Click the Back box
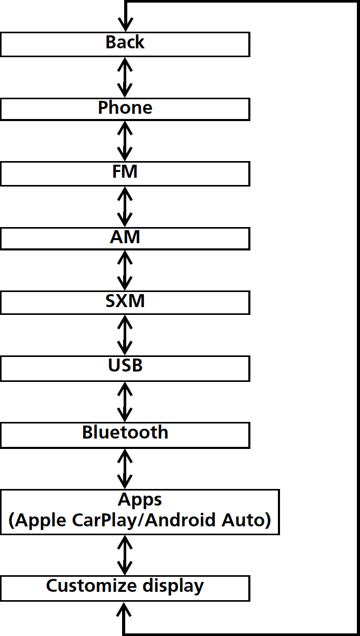pyautogui.click(x=125, y=44)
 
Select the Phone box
pyautogui.click(x=125, y=109)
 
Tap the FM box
pyautogui.click(x=125, y=173)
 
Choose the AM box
pyautogui.click(x=125, y=238)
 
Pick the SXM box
pyautogui.click(x=125, y=302)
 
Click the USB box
pyautogui.click(x=125, y=367)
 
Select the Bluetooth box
pyautogui.click(x=125, y=434)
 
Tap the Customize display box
pyautogui.click(x=125, y=588)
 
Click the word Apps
pyautogui.click(x=140, y=500)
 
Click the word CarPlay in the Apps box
pyautogui.click(x=110, y=521)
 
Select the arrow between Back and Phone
pyautogui.click(x=125, y=76)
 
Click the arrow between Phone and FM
pyautogui.click(x=125, y=141)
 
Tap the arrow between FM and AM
pyautogui.click(x=125, y=206)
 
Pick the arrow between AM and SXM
pyautogui.click(x=125, y=270)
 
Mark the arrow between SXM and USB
pyautogui.click(x=125, y=335)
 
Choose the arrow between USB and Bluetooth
pyautogui.click(x=125, y=401)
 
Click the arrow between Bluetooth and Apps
pyautogui.click(x=125, y=469)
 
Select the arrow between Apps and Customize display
pyautogui.click(x=125, y=555)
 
